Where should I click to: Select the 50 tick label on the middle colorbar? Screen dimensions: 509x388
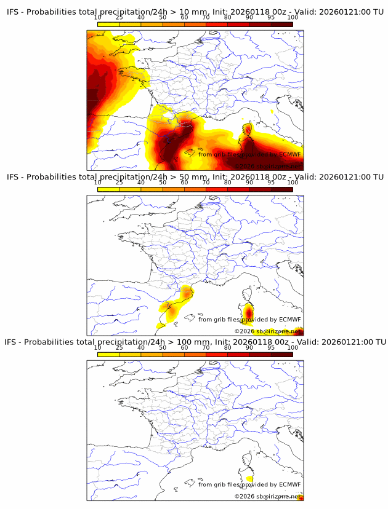tap(163, 183)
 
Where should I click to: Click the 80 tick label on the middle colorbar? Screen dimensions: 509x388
tap(228, 183)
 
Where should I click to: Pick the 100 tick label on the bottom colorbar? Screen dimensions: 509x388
tap(293, 348)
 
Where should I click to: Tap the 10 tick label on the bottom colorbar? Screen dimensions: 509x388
tap(98, 348)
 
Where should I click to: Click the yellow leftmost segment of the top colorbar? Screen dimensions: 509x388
tap(108, 25)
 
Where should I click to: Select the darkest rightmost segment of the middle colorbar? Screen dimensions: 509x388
tap(282, 189)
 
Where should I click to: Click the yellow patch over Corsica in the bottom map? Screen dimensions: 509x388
tap(249, 478)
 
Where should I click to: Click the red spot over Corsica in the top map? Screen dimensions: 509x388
tap(248, 130)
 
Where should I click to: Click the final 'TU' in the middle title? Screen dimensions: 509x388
tap(378, 177)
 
